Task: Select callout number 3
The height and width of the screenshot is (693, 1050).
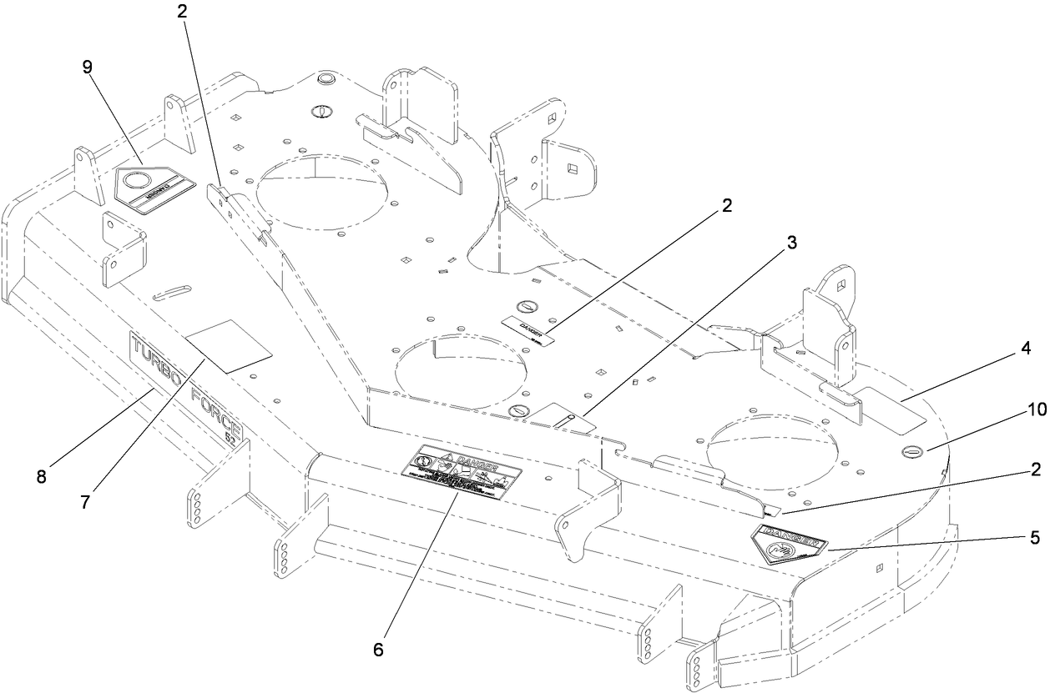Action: point(791,243)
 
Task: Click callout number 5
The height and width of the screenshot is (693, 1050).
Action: point(1035,538)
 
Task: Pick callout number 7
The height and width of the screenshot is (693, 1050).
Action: point(85,502)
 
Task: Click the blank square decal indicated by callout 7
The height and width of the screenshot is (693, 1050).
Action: point(229,344)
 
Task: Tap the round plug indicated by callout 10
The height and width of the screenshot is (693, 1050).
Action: point(913,452)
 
